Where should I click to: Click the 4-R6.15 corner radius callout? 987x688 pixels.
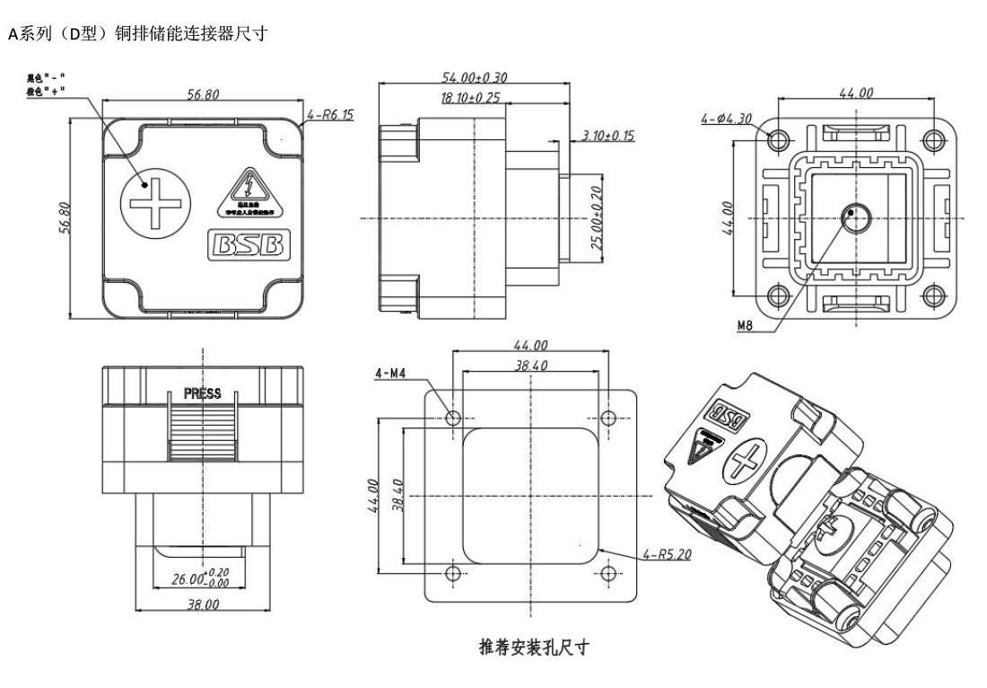[x=330, y=115]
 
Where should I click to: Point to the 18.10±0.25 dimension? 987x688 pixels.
[x=470, y=97]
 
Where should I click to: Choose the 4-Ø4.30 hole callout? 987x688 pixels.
[x=727, y=118]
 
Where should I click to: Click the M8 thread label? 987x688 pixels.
[x=745, y=326]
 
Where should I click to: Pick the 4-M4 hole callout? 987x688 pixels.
[x=391, y=372]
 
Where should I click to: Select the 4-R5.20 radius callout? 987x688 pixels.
[x=668, y=554]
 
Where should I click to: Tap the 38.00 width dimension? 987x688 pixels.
[x=203, y=604]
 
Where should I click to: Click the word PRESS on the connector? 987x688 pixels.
[x=202, y=393]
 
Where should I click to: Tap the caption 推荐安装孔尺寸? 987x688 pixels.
[x=531, y=647]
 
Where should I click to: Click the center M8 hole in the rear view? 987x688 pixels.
[x=857, y=216]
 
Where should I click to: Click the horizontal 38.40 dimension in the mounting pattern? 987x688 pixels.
[x=531, y=366]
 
